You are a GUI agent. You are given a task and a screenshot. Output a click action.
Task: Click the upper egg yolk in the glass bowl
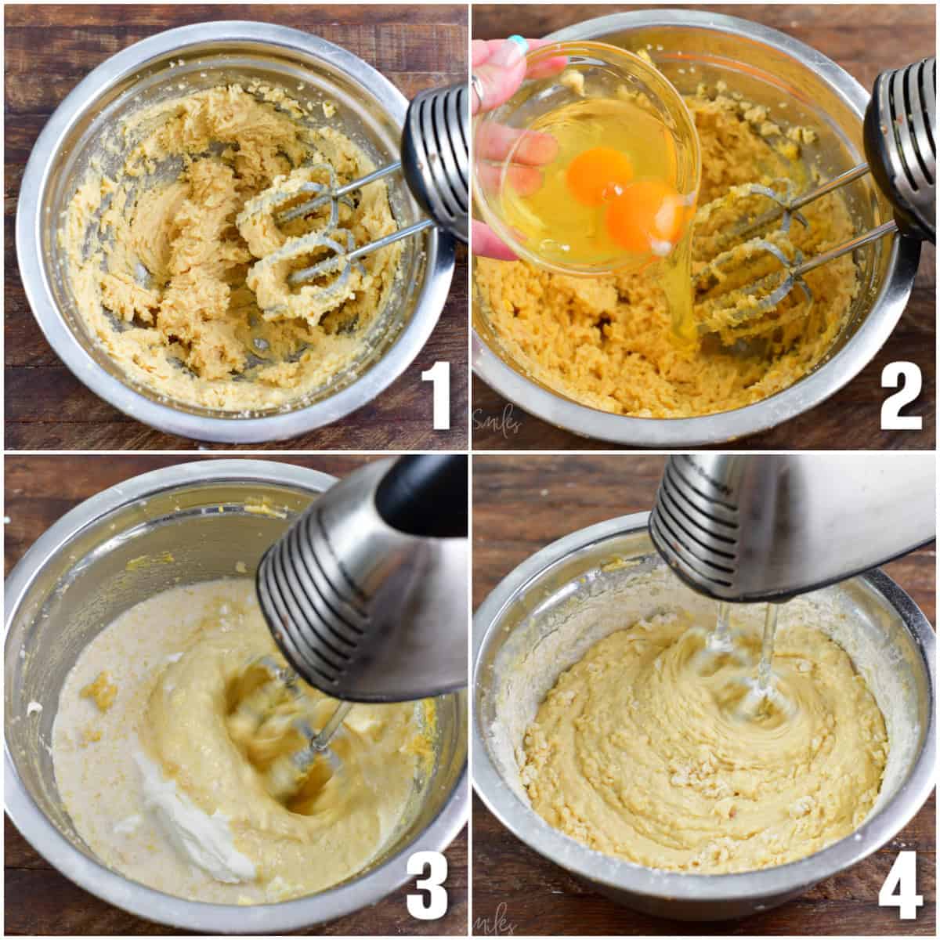599,172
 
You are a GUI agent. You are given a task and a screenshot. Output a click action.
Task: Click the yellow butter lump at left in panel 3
98,689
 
